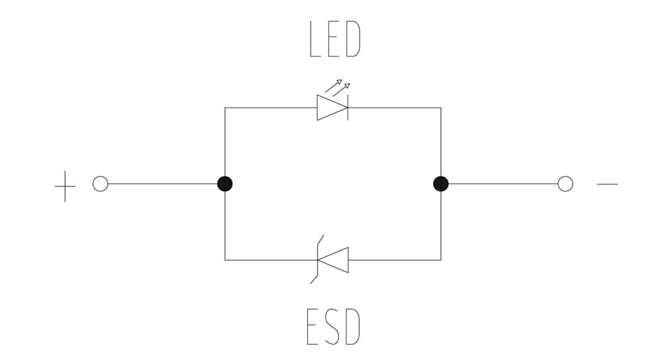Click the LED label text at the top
click(335, 40)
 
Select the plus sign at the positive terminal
click(65, 184)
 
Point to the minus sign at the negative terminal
click(607, 184)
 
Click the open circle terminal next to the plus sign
click(100, 184)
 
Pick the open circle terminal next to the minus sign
click(565, 184)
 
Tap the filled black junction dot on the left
click(225, 184)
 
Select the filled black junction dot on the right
click(441, 184)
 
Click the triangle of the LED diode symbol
click(330, 108)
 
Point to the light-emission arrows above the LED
click(337, 86)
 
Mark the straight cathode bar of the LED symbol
click(348, 108)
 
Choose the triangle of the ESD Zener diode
click(335, 260)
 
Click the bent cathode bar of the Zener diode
click(317, 260)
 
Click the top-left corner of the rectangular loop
click(225, 108)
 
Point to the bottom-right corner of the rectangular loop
click(441, 260)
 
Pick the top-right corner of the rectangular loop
click(441, 108)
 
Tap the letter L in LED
click(315, 40)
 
